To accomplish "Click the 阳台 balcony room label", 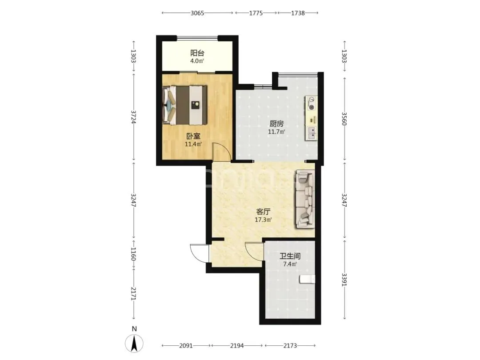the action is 197,53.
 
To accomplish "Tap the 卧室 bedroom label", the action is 193,136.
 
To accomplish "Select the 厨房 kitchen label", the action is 276,124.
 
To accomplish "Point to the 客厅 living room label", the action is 263,212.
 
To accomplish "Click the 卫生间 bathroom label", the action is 290,256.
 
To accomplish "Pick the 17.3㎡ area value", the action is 263,220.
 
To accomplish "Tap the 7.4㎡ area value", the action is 290,264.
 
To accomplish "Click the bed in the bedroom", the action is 185,105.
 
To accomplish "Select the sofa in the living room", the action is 305,200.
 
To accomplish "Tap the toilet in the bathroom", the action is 307,279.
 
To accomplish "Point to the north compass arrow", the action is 134,344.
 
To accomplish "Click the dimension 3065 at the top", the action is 197,13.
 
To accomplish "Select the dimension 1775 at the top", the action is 256,13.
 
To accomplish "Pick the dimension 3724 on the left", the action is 133,117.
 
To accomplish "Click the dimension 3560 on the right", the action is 344,119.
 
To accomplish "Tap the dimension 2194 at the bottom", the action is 237,346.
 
